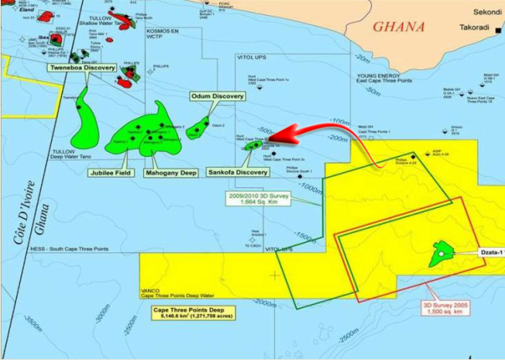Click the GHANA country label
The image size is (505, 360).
(x=398, y=27)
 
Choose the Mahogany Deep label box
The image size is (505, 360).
(x=170, y=172)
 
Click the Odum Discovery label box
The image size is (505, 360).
(x=217, y=96)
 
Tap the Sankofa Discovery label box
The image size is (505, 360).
(x=237, y=172)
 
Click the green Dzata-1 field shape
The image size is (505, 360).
(x=440, y=254)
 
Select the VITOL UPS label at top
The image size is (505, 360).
(x=254, y=58)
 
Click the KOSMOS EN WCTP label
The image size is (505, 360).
(x=162, y=36)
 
